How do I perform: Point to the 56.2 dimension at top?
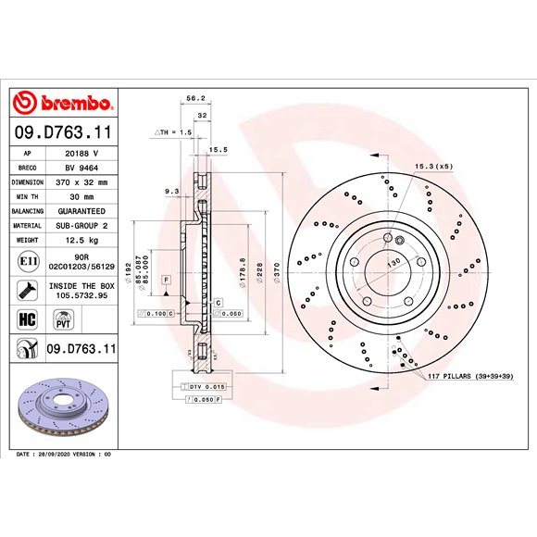195,97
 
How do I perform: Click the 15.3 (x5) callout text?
433,166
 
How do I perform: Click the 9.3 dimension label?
171,191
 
